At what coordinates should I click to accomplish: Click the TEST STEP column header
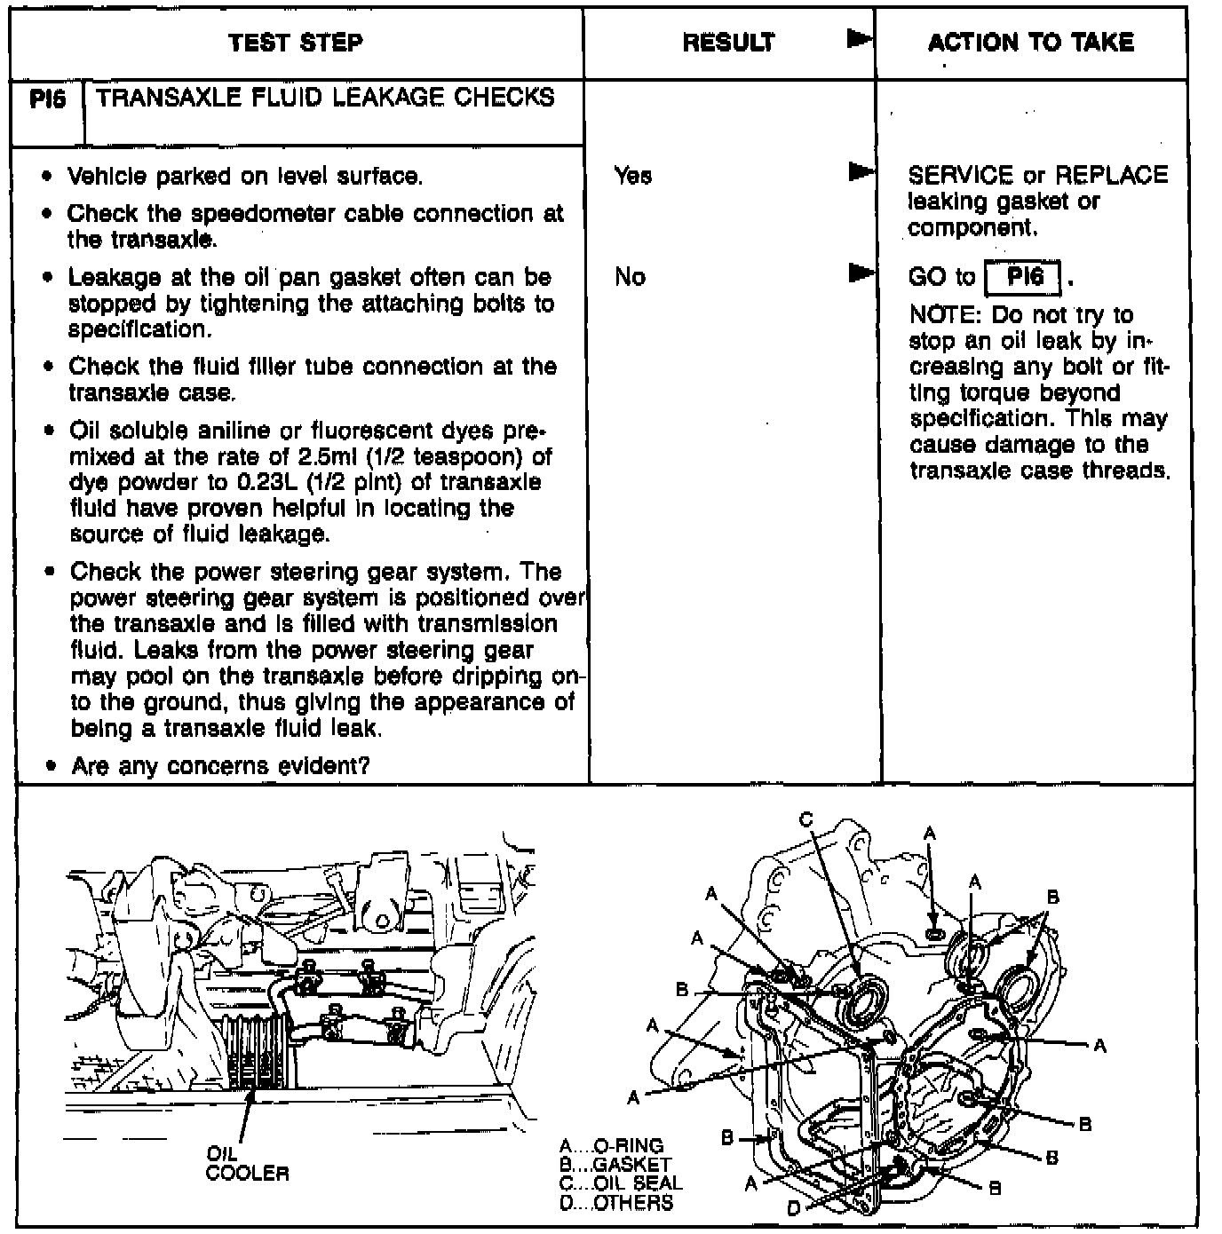click(x=295, y=43)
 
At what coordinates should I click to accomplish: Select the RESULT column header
click(x=728, y=43)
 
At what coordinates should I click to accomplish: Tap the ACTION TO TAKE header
click(x=1030, y=43)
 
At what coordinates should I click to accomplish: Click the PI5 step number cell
click(x=48, y=99)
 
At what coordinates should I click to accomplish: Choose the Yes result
click(x=632, y=176)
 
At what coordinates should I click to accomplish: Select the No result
click(x=630, y=277)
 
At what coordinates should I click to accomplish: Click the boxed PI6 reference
click(x=1024, y=277)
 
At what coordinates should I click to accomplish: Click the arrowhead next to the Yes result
click(x=859, y=170)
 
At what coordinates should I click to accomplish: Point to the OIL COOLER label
click(x=246, y=1164)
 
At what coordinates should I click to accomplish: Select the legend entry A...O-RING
click(x=612, y=1146)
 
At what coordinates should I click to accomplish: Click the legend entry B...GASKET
click(x=615, y=1165)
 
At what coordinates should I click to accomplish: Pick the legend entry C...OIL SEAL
click(x=621, y=1183)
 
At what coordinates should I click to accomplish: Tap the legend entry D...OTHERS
click(x=616, y=1203)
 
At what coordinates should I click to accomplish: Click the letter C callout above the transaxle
click(x=805, y=819)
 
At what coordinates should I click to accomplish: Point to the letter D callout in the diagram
click(x=793, y=1208)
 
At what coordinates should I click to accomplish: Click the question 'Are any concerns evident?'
click(x=220, y=765)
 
